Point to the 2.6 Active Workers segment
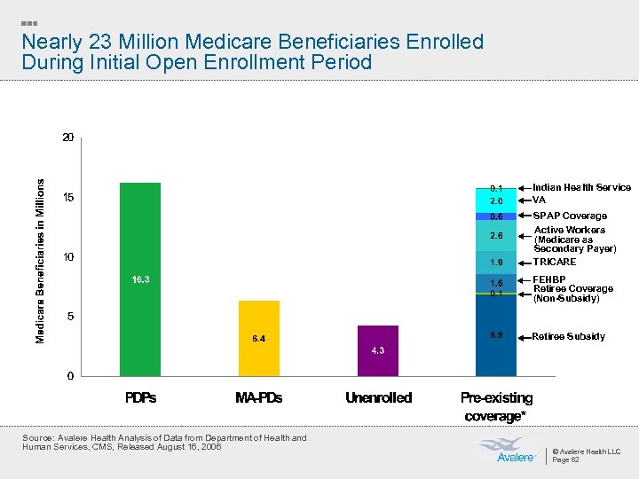[496, 236]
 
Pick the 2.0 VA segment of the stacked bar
[496, 201]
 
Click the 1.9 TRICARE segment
[496, 263]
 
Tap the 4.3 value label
[377, 350]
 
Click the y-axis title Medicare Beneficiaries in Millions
[40, 258]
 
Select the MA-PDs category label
[258, 398]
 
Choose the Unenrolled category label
[378, 398]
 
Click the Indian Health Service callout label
[581, 187]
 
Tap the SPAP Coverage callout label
[570, 216]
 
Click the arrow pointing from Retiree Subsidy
[524, 337]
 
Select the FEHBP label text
[548, 279]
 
